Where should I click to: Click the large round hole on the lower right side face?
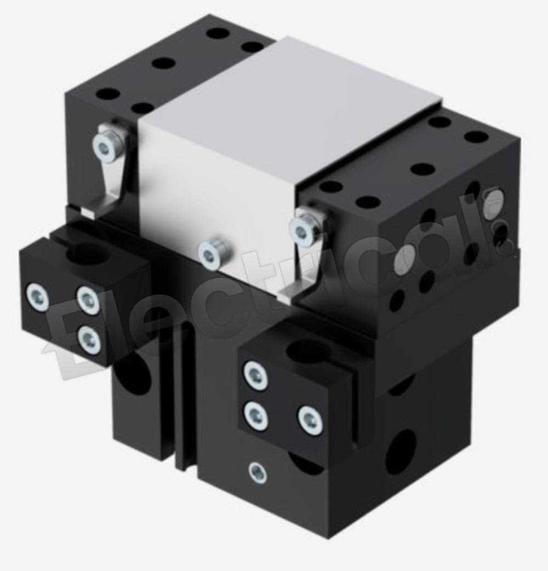pyautogui.click(x=401, y=452)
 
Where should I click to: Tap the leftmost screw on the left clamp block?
pyautogui.click(x=37, y=297)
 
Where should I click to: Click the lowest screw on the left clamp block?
pyautogui.click(x=89, y=339)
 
